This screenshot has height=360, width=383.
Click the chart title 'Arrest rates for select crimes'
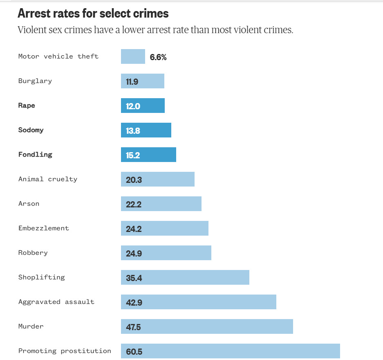pos(93,13)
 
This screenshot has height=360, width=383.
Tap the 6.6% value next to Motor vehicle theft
pos(158,57)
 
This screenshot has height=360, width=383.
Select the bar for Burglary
pos(143,81)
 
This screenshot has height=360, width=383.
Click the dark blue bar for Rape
pos(143,106)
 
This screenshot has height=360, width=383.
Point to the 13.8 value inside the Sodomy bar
pos(133,131)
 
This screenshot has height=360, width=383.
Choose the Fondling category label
pos(35,155)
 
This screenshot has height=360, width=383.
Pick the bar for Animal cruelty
pos(158,179)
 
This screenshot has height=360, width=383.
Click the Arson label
pos(29,204)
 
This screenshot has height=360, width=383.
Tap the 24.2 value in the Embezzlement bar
pos(134,229)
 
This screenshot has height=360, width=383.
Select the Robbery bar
pos(166,253)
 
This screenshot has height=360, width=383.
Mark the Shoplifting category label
pos(42,277)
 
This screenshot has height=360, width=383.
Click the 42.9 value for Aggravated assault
pos(134,303)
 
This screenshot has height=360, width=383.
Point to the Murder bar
pos(207,326)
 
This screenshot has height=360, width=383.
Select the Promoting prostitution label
pos(65,351)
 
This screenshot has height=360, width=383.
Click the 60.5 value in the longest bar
pos(134,352)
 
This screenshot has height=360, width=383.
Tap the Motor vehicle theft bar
pos(133,56)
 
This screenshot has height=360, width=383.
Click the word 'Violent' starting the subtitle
pos(32,30)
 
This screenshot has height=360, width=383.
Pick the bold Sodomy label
pos(31,130)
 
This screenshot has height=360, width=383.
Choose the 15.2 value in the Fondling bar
pos(133,155)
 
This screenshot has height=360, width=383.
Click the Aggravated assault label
pos(56,302)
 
